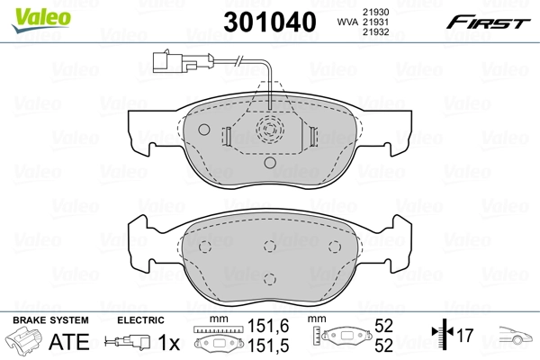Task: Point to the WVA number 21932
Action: click(x=375, y=32)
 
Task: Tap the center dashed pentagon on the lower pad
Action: click(x=269, y=247)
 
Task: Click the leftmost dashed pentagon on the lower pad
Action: click(x=205, y=247)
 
